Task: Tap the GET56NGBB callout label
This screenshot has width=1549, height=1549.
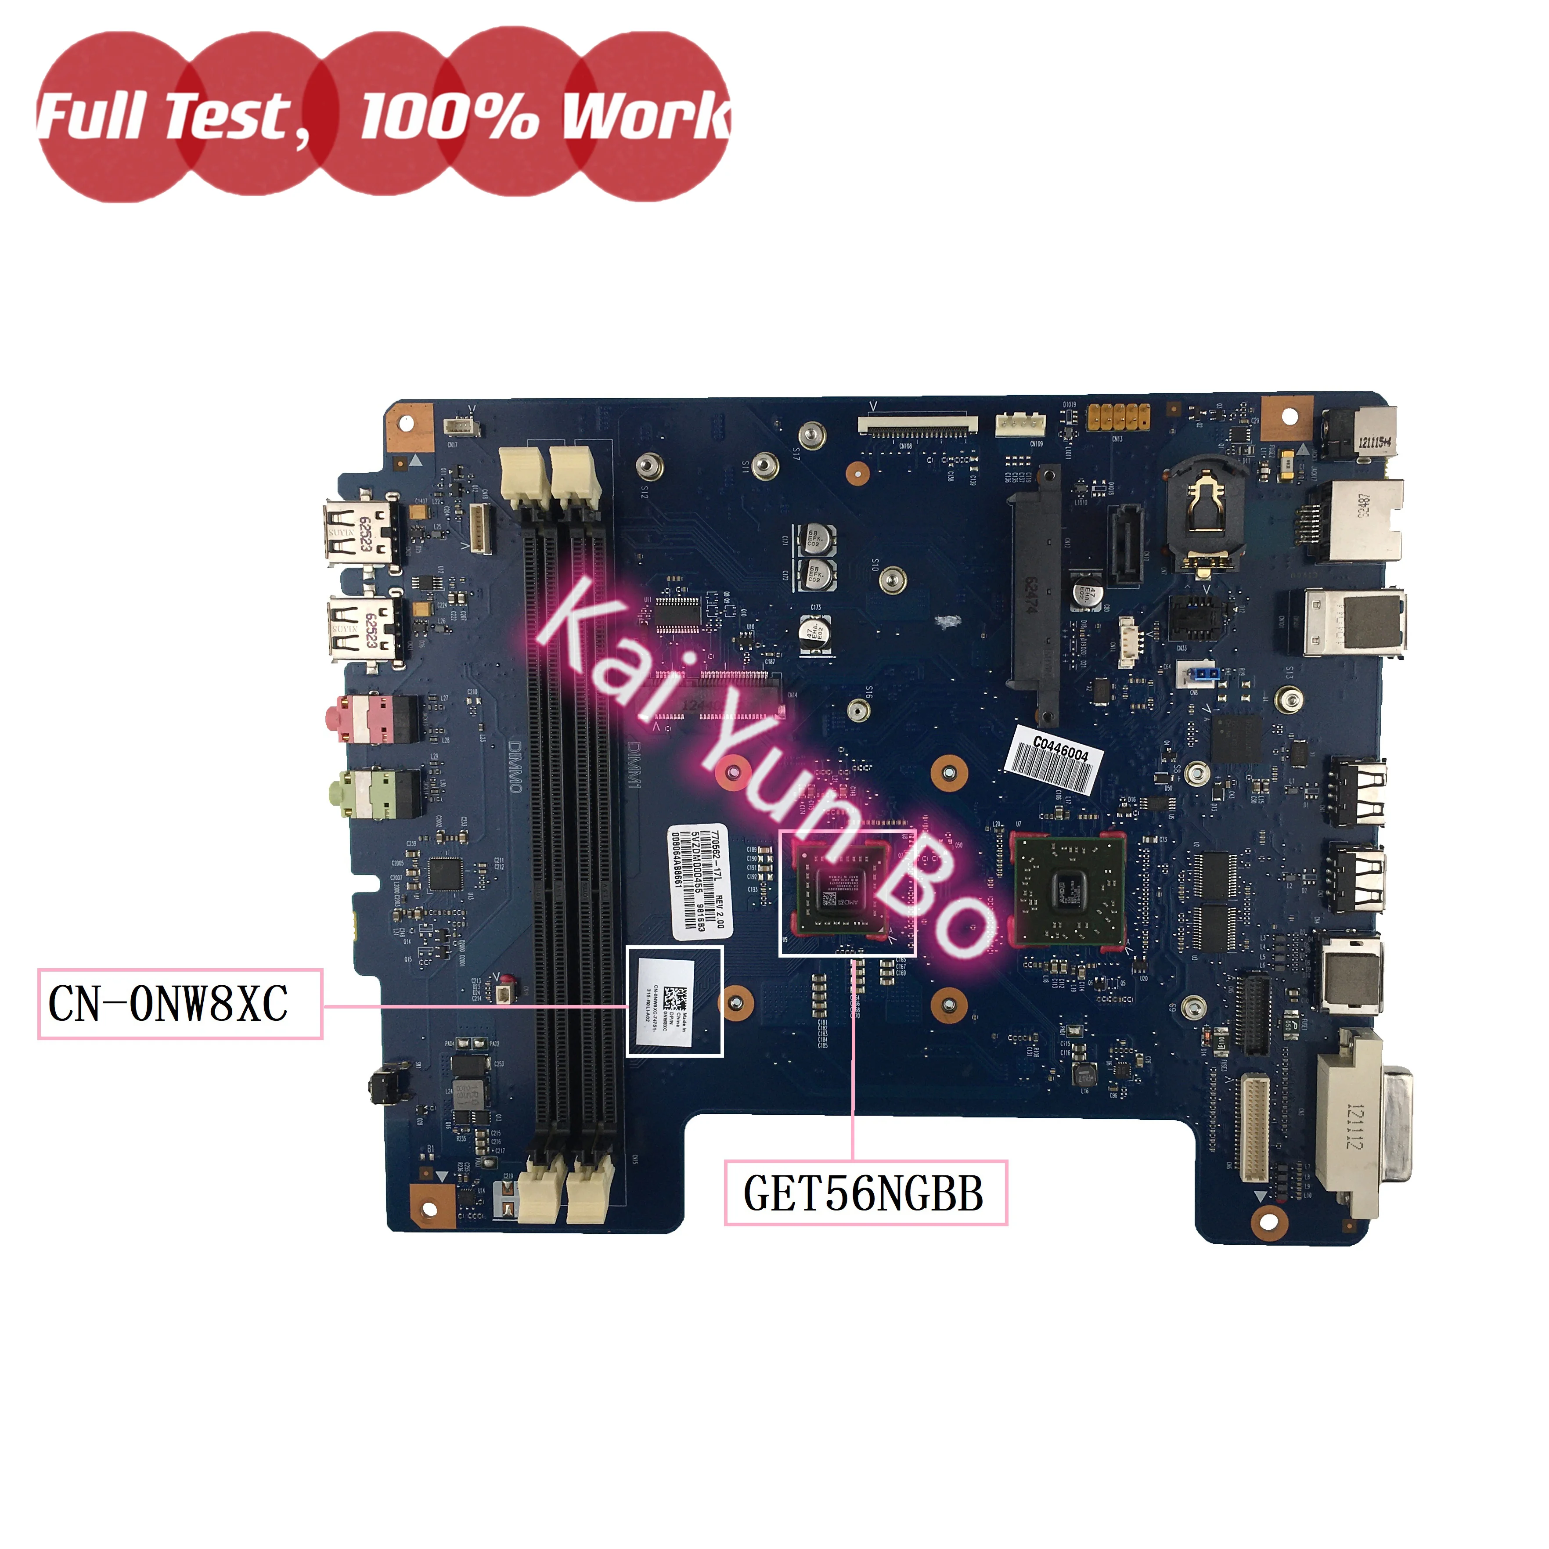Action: point(865,1193)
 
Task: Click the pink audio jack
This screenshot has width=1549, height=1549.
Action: point(371,718)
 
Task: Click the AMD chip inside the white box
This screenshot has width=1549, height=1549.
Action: point(841,890)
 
